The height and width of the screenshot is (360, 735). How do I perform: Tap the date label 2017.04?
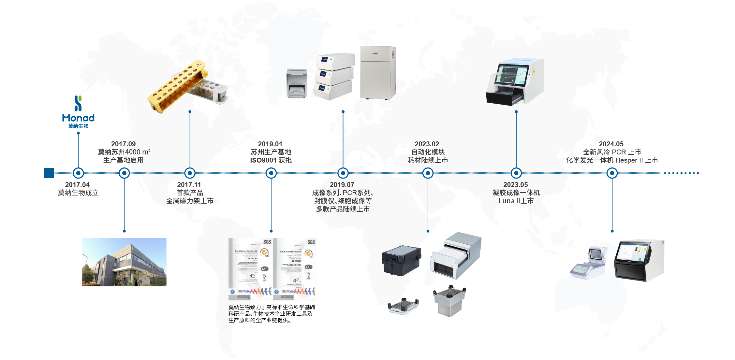(x=77, y=185)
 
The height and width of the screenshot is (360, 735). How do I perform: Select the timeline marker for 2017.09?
(x=124, y=173)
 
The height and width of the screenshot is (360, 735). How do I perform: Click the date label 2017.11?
(x=189, y=185)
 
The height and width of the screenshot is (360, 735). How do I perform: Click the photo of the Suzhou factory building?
(x=124, y=262)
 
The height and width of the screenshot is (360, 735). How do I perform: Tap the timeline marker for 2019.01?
(x=271, y=173)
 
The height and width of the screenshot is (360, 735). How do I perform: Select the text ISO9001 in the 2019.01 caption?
(x=263, y=160)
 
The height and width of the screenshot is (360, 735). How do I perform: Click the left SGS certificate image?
(x=250, y=269)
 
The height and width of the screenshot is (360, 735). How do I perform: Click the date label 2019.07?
(x=342, y=185)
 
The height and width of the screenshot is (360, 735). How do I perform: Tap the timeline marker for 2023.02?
(x=428, y=173)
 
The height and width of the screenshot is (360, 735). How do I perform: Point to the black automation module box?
(x=401, y=261)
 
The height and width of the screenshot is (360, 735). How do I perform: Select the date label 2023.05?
(x=516, y=185)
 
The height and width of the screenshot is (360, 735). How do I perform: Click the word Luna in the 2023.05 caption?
(x=507, y=201)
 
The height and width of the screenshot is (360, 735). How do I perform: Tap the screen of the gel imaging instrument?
(x=512, y=74)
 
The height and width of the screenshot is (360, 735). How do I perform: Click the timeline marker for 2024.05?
(x=612, y=173)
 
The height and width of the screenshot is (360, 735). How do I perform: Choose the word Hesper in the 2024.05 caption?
(x=626, y=160)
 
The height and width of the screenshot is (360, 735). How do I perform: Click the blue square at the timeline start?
(x=49, y=173)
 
